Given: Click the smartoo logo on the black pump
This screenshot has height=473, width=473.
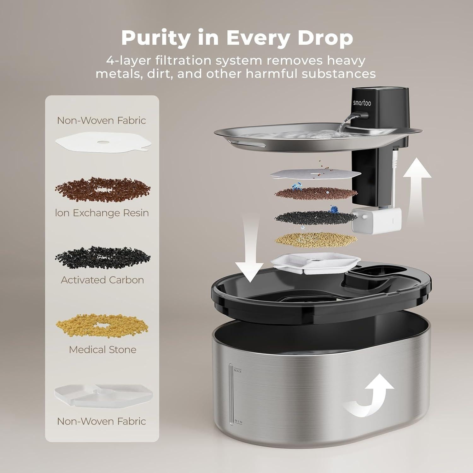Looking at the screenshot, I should (362, 103).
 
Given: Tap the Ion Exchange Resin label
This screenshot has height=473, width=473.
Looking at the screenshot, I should (102, 213).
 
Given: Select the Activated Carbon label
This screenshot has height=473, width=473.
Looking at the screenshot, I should (102, 280).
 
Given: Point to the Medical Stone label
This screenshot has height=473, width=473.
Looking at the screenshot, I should (102, 350).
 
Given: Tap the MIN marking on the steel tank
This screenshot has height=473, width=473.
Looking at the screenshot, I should (238, 422).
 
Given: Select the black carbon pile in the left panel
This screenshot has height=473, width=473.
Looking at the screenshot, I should (102, 258).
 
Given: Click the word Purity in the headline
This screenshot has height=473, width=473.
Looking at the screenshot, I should (156, 38).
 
